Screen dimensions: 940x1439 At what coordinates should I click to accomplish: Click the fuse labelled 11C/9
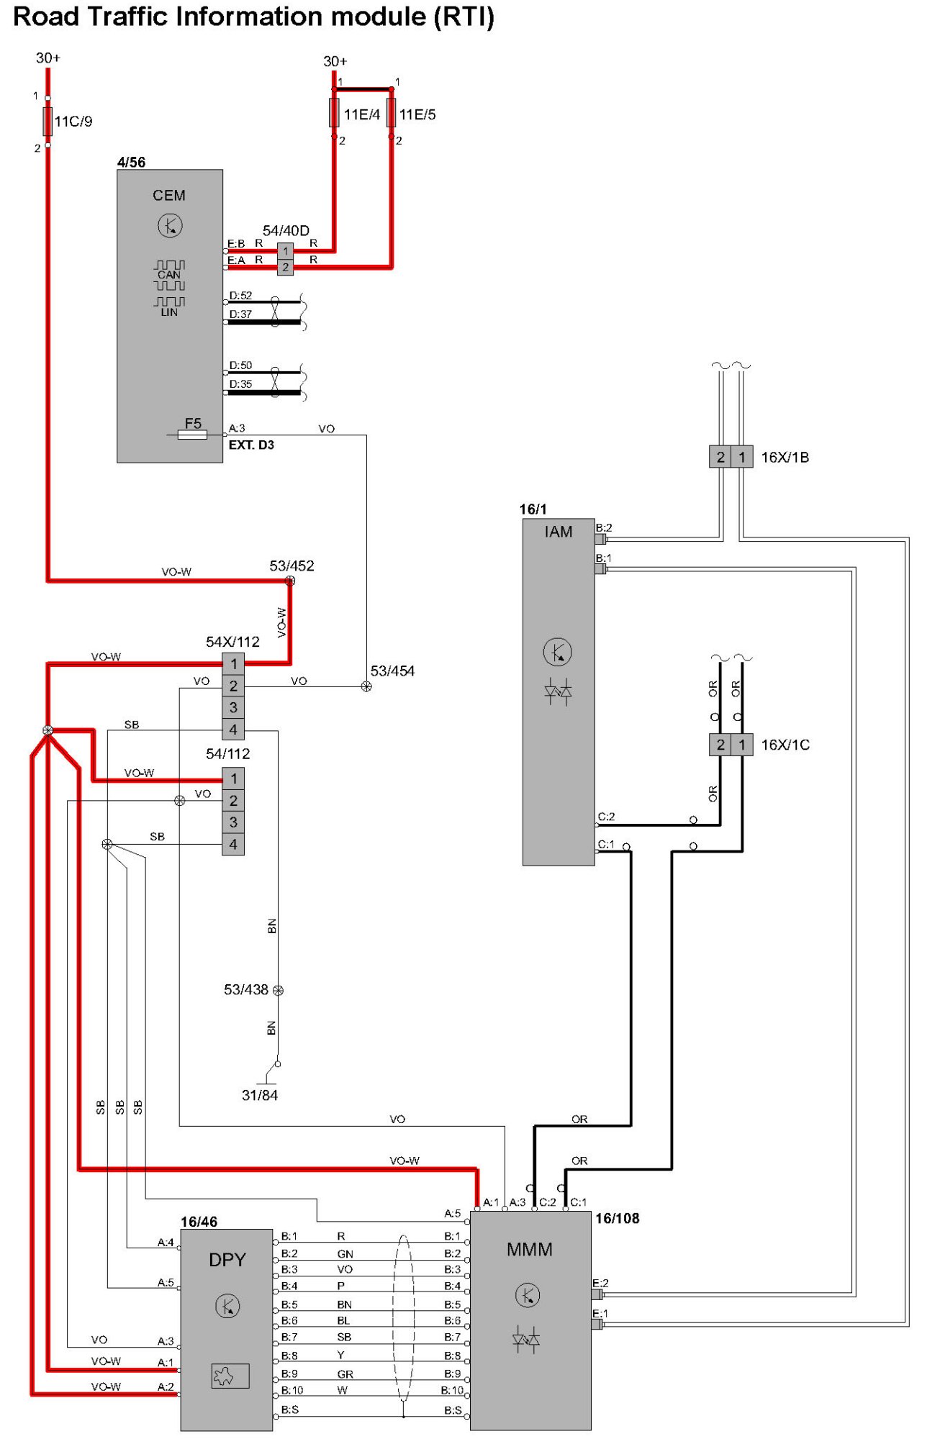48,121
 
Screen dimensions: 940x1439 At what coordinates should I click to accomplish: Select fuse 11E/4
334,113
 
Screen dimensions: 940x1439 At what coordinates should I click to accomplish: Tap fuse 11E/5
391,113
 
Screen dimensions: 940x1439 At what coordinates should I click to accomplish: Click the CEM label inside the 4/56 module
169,196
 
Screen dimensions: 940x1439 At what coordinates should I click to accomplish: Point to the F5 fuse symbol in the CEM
192,435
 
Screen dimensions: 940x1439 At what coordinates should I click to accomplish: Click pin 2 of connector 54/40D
286,267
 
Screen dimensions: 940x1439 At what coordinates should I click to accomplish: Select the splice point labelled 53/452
290,581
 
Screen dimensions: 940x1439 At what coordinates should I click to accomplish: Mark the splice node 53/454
366,686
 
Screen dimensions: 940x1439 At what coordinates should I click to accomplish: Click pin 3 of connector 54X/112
233,707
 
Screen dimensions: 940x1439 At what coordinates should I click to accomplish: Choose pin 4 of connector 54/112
233,844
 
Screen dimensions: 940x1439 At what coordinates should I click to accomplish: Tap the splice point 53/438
278,991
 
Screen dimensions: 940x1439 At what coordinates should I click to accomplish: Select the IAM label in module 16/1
559,532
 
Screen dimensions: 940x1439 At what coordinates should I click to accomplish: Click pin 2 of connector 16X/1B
720,457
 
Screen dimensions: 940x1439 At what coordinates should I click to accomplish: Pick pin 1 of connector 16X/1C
742,745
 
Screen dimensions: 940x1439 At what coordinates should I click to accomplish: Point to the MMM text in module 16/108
530,1250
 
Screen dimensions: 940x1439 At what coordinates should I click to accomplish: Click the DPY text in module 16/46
227,1260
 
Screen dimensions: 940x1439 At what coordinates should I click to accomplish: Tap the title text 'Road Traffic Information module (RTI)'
254,17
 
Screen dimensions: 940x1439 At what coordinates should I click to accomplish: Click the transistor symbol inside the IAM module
557,652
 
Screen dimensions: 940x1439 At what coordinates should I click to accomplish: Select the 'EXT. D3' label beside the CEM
251,445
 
